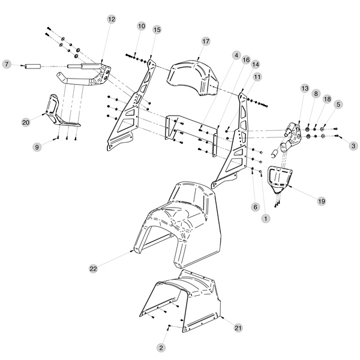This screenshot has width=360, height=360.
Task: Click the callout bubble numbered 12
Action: [x=111, y=19]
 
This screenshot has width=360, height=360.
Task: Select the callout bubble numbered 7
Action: [x=7, y=64]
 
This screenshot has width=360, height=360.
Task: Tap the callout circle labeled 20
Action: [x=26, y=122]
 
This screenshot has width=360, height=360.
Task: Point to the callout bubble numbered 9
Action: [x=37, y=146]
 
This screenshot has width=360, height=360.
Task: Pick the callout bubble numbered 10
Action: [x=142, y=26]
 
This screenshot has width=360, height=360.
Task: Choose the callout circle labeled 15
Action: [x=157, y=29]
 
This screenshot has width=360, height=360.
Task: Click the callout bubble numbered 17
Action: [x=206, y=41]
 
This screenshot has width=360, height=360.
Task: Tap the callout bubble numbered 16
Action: [x=246, y=60]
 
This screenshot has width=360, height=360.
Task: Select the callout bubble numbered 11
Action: [x=257, y=77]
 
